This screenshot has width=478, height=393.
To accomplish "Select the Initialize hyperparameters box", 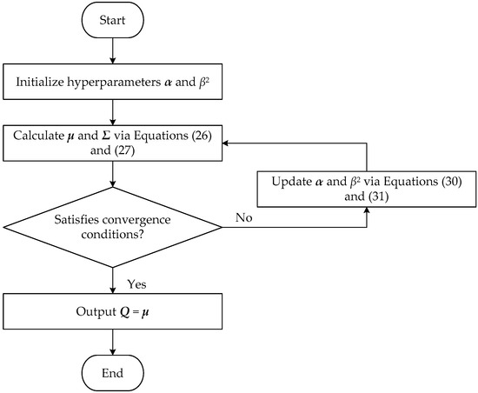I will tap(114, 84).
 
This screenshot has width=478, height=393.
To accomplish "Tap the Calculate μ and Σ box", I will tap(114, 143).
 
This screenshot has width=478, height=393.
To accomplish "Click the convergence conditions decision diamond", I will tap(114, 229).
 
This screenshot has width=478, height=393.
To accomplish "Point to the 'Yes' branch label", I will tap(137, 283).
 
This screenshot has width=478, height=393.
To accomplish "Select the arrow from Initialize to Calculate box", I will tap(114, 113).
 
